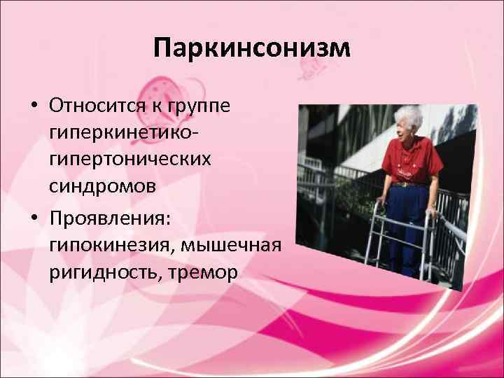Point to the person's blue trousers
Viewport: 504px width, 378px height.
(x=409, y=224)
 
